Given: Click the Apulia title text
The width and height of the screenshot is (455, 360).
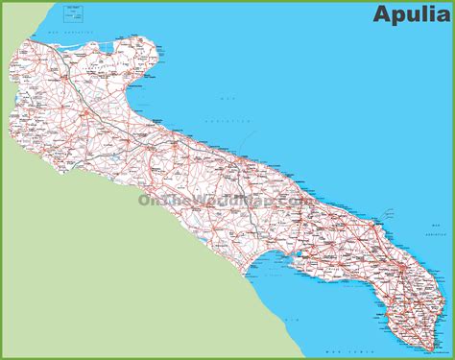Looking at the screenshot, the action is (403, 17).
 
